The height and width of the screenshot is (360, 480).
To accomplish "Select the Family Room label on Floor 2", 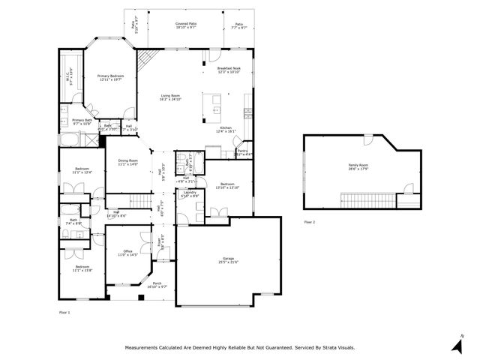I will (358, 166).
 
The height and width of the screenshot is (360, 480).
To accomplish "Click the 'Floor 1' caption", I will (64, 311).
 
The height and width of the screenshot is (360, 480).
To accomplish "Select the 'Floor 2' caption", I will (310, 223).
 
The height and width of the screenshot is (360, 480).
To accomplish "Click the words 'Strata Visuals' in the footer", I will (335, 347).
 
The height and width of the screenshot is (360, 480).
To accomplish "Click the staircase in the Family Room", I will (367, 199).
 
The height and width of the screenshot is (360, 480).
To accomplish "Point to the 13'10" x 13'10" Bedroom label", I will (229, 186).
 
